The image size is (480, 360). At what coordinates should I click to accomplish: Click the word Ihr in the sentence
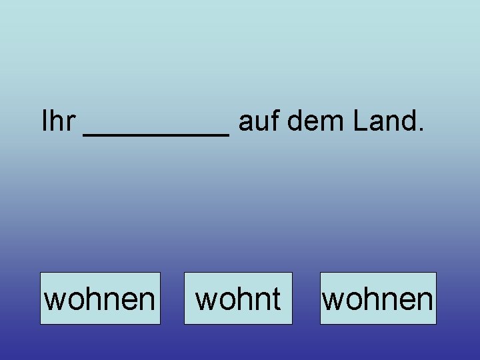pos(58,121)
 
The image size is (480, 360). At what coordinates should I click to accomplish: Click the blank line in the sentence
pos(156,133)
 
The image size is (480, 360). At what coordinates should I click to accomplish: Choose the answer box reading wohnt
pos(238,299)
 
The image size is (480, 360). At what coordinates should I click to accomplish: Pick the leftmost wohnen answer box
pos(100,299)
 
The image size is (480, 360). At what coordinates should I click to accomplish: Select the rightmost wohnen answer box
pos(378,299)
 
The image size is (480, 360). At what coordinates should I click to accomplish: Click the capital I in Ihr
pos(45,121)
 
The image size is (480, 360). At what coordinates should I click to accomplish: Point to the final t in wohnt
pos(276,299)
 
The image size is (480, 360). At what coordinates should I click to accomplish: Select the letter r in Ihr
pos(71,123)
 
